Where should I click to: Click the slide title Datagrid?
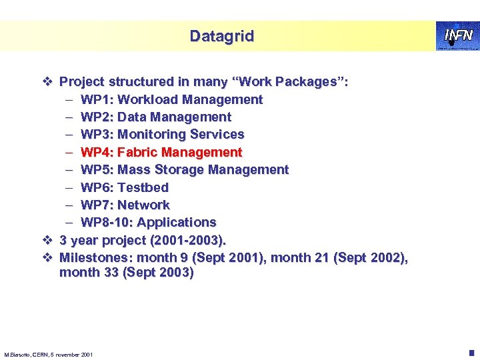pos(221,36)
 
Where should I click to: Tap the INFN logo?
pos(455,35)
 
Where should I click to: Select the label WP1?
pos(95,100)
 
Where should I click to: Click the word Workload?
pos(146,100)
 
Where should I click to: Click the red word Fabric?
pos(137,152)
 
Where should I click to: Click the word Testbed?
pos(143,187)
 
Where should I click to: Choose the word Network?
pos(143,204)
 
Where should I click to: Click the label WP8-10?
pos(107,221)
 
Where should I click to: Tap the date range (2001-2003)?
pos(189,239)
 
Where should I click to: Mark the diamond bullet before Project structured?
pos(47,82)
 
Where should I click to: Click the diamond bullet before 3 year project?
pos(47,239)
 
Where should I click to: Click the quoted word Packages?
pos(304,82)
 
